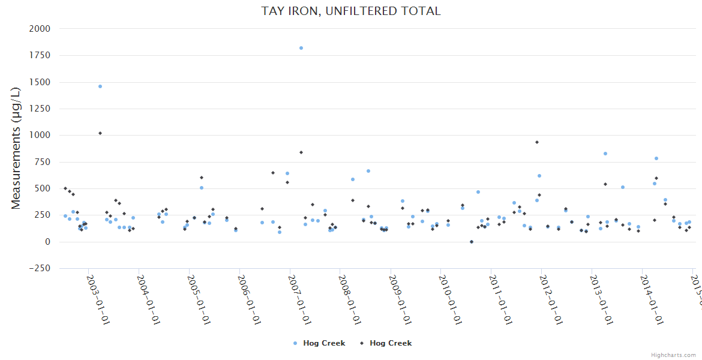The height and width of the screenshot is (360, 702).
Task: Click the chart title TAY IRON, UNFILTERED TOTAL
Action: pyautogui.click(x=351, y=11)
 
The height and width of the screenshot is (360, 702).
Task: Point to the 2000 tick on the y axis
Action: pyautogui.click(x=40, y=29)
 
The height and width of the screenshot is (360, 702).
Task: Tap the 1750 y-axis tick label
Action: pyautogui.click(x=40, y=55)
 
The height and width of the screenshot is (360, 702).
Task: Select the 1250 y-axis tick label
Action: pyautogui.click(x=40, y=109)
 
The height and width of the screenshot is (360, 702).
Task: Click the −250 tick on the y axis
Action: pyautogui.click(x=40, y=268)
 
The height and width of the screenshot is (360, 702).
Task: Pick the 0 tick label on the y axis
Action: pyautogui.click(x=47, y=242)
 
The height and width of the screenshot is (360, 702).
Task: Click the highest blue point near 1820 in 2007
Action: pyautogui.click(x=301, y=48)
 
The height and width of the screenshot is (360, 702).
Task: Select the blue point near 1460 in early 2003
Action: pyautogui.click(x=100, y=86)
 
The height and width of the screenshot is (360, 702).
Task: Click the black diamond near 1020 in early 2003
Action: pyautogui.click(x=100, y=133)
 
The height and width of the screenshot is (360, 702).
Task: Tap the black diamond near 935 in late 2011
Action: pyautogui.click(x=537, y=142)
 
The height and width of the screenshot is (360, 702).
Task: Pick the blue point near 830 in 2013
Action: pyautogui.click(x=605, y=154)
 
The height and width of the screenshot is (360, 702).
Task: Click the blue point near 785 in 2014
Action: pyautogui.click(x=656, y=158)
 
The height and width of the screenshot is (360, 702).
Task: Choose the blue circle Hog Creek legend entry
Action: pyautogui.click(x=319, y=343)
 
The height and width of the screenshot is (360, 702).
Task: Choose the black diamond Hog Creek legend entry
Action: pyautogui.click(x=386, y=343)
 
